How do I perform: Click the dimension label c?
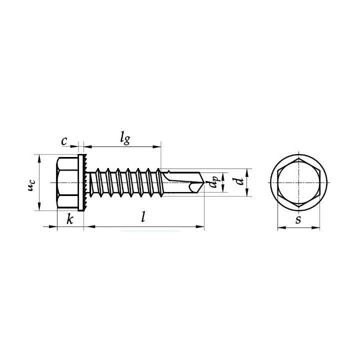[x=64, y=141]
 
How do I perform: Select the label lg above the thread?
[x=125, y=138]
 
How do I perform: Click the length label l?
[x=143, y=216]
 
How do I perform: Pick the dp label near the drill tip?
[x=213, y=182]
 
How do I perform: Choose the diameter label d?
[x=239, y=181]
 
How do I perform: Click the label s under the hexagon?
[x=298, y=219]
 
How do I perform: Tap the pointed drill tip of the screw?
[x=204, y=183]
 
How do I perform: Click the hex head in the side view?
[x=67, y=183]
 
